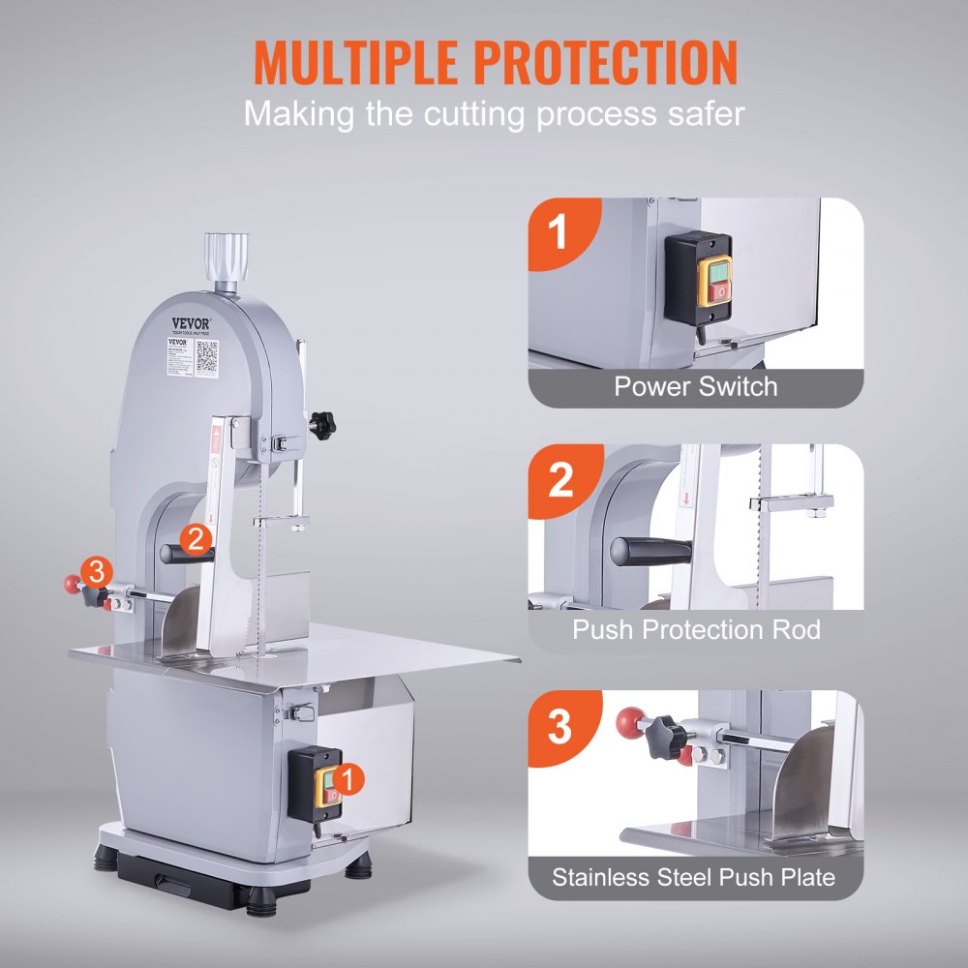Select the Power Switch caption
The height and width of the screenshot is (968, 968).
(x=695, y=387)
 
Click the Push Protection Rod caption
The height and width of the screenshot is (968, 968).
(x=695, y=630)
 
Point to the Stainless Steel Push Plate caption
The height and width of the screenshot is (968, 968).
(x=693, y=878)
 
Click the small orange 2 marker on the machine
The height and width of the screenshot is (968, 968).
(x=197, y=539)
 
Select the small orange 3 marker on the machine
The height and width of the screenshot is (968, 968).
(x=95, y=571)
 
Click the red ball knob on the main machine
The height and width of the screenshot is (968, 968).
(x=71, y=584)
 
